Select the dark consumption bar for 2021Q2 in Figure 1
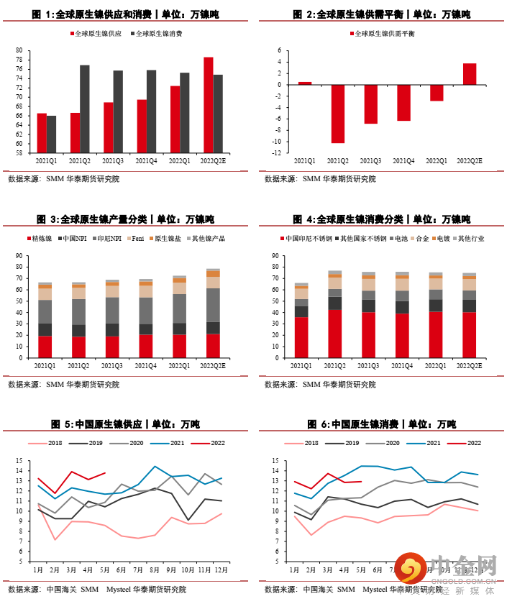pos(85,109)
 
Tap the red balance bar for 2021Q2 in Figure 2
pos(338,114)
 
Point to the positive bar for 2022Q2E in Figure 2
pos(469,74)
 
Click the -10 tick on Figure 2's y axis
pos(276,142)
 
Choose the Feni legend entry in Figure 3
pos(138,238)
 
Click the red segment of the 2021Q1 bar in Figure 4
pos(301,337)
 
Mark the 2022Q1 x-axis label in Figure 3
pos(179,365)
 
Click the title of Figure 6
pos(381,424)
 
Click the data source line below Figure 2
pos(320,179)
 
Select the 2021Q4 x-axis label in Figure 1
pos(146,161)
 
